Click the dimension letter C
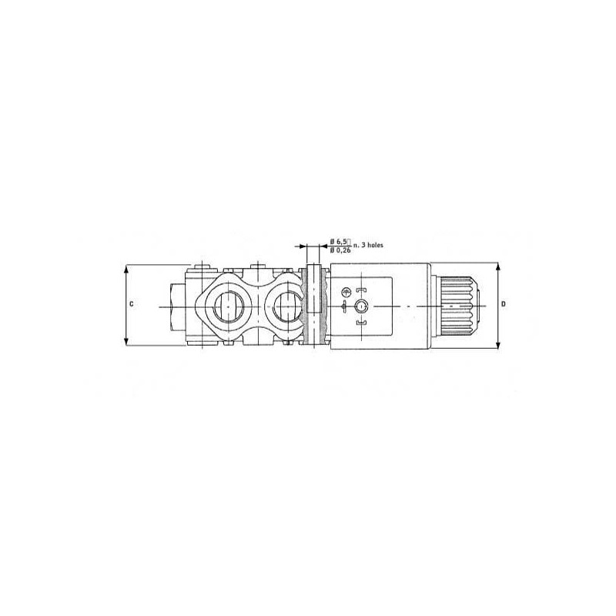[x=132, y=304]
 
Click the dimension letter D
[x=504, y=304]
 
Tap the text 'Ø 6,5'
[x=338, y=241]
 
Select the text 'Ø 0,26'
[x=340, y=250]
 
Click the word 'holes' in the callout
[x=374, y=245]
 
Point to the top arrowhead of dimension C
[x=126, y=269]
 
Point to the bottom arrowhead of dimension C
[x=126, y=341]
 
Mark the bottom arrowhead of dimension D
[x=498, y=345]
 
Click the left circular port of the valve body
[x=228, y=306]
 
